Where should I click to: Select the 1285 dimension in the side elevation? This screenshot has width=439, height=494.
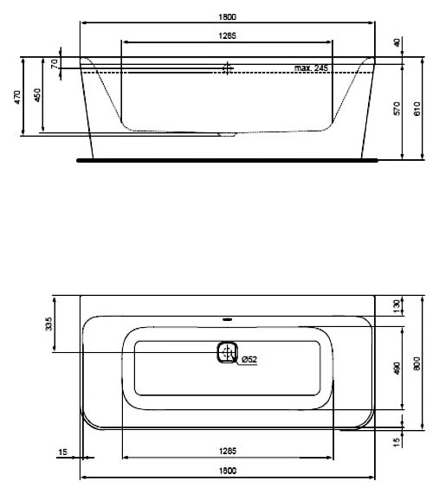(x=228, y=35)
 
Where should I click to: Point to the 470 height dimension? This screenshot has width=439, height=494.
(x=17, y=96)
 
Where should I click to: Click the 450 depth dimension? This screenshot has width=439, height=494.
(x=37, y=96)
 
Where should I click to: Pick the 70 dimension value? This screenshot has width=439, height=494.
(x=54, y=64)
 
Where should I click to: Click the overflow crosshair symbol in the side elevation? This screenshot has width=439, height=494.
(x=228, y=67)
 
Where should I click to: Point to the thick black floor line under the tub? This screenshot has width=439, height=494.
(x=228, y=160)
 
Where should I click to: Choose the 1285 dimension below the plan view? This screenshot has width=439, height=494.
(x=228, y=451)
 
